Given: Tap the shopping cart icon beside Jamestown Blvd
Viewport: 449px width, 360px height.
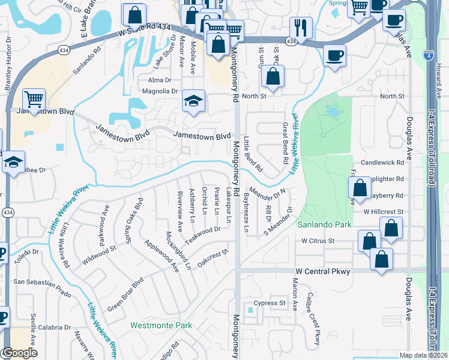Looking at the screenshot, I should [x=34, y=98].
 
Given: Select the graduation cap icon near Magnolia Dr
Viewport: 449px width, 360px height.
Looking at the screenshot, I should [x=194, y=100].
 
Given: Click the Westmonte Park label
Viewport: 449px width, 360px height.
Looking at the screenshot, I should [x=161, y=326].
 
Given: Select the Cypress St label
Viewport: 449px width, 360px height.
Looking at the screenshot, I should [x=269, y=303].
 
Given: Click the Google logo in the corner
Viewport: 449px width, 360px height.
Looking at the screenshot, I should [x=20, y=353].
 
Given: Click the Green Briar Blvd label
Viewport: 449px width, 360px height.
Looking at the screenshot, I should [x=125, y=293].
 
